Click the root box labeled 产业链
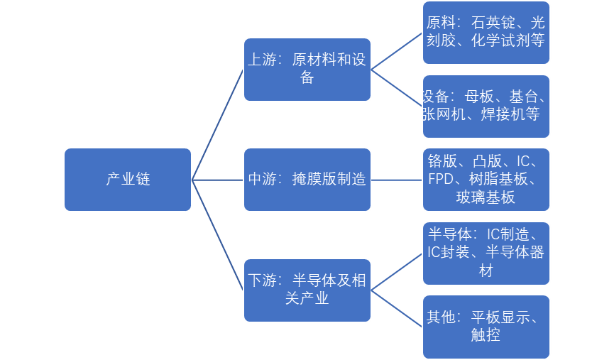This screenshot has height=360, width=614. [128, 180]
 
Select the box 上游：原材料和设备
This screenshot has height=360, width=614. [307, 69]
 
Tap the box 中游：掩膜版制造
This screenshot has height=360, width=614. [307, 180]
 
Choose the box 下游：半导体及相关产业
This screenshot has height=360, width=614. [307, 290]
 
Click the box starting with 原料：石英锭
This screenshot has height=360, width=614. [486, 33]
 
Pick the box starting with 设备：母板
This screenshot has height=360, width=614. [486, 106]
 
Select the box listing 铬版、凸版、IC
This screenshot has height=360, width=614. [486, 180]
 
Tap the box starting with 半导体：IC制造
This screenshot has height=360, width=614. [486, 253]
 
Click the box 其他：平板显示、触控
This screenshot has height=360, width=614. [486, 326]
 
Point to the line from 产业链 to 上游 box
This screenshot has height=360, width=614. [218, 124]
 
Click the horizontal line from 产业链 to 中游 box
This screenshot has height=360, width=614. [218, 180]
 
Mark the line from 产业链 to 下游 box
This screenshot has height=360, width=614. [218, 234]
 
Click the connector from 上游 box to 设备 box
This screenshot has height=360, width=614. [397, 88]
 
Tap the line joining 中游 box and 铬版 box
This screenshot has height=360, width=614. [397, 180]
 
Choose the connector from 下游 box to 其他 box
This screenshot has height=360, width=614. [397, 307]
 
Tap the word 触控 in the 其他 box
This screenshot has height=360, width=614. [486, 335]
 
